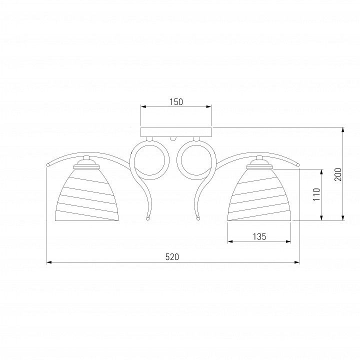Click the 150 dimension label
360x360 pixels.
coord(176,101)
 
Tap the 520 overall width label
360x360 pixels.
coord(172,257)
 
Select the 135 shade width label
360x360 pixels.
coord(259,236)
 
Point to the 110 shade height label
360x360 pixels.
coord(317,194)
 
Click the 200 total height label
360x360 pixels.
coord(338,174)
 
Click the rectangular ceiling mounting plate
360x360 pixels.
coord(176,132)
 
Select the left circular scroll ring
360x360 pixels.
coord(149,160)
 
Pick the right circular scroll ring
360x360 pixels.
coord(196,160)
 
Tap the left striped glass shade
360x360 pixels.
coord(87,195)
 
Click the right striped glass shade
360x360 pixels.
coord(259,195)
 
